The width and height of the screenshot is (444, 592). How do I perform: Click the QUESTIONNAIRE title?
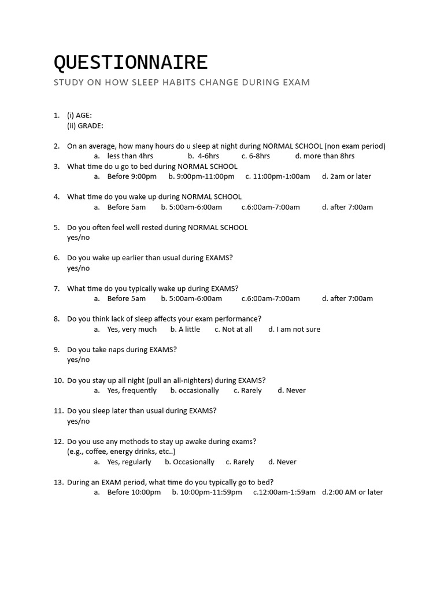point(131,62)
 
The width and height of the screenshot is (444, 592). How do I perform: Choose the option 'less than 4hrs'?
point(130,156)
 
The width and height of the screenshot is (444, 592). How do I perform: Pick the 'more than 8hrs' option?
point(329,156)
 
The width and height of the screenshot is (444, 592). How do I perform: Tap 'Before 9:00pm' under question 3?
point(132,176)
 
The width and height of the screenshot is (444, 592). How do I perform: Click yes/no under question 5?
point(79,238)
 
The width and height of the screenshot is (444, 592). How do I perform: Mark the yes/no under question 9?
point(79,360)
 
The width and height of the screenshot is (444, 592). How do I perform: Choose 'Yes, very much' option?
point(132,330)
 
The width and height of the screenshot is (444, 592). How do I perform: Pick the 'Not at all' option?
point(237,330)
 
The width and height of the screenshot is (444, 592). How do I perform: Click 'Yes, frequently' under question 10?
point(132,391)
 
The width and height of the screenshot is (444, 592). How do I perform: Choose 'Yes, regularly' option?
point(129,462)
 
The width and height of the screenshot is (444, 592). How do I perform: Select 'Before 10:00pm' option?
point(134,493)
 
